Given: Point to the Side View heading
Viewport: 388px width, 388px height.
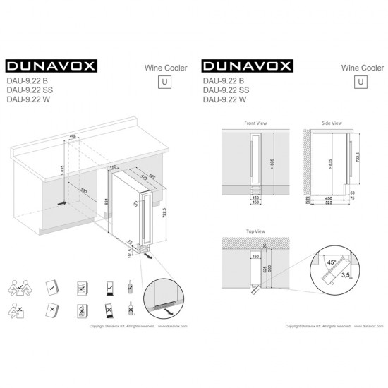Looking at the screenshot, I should (331, 123).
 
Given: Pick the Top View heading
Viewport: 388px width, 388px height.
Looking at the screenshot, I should (255, 231).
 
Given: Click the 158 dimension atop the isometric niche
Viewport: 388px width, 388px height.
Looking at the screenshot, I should (72, 137).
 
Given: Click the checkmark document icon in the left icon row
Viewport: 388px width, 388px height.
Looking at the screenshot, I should (51, 287).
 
